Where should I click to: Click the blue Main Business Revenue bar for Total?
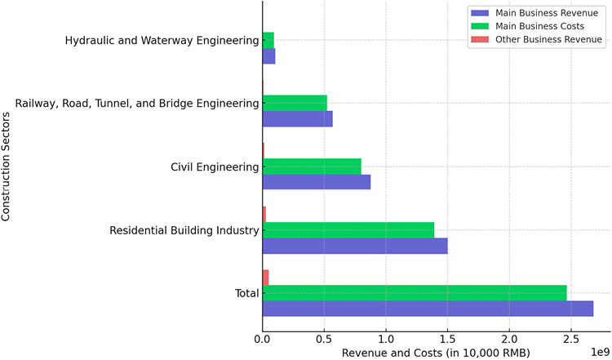pyautogui.click(x=428, y=309)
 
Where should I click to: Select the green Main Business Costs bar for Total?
pyautogui.click(x=415, y=293)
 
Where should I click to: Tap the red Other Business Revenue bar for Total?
pyautogui.click(x=265, y=278)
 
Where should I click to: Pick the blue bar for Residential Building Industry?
pyautogui.click(x=355, y=246)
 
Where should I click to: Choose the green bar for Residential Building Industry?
pyautogui.click(x=348, y=230)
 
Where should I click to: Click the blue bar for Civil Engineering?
pyautogui.click(x=317, y=182)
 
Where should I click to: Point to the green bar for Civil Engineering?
pyautogui.click(x=312, y=167)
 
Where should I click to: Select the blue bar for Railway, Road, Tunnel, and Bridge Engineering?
pyautogui.click(x=298, y=119)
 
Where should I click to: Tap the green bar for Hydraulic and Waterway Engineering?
pyautogui.click(x=268, y=40)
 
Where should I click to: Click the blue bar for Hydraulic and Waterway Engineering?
pyautogui.click(x=269, y=56)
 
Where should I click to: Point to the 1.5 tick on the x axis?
pyautogui.click(x=448, y=336)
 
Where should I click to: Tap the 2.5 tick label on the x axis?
pyautogui.click(x=571, y=336)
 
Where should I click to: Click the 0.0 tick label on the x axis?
pyautogui.click(x=263, y=336)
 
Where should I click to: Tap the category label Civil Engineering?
pyautogui.click(x=215, y=167)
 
